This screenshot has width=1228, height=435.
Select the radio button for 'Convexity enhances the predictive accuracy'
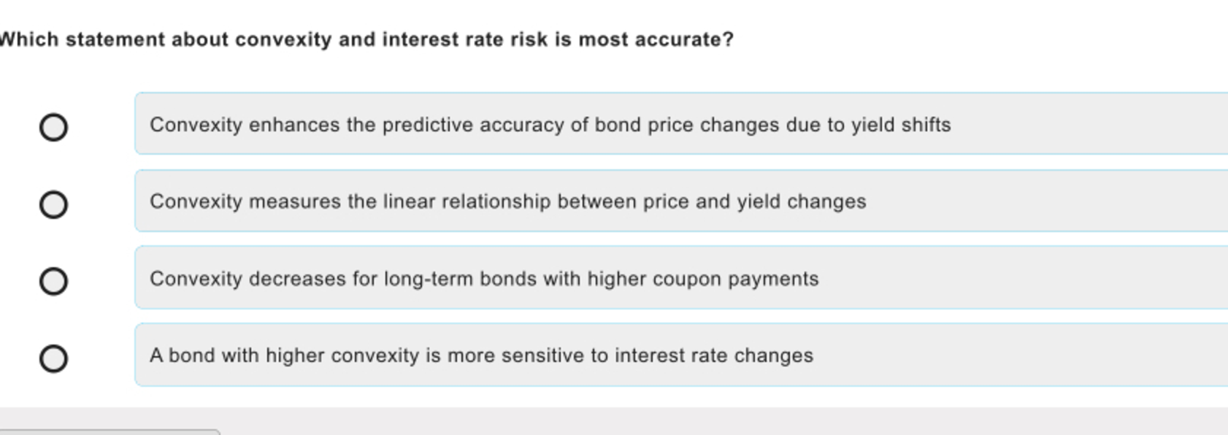(x=54, y=128)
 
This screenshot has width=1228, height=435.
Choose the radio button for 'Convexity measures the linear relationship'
(x=54, y=205)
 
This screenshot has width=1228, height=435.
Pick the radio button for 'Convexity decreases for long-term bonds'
(x=54, y=282)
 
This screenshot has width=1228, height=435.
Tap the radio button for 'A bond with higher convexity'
(x=54, y=359)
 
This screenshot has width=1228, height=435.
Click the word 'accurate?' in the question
(x=684, y=40)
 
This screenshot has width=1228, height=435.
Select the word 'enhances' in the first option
(x=294, y=125)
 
